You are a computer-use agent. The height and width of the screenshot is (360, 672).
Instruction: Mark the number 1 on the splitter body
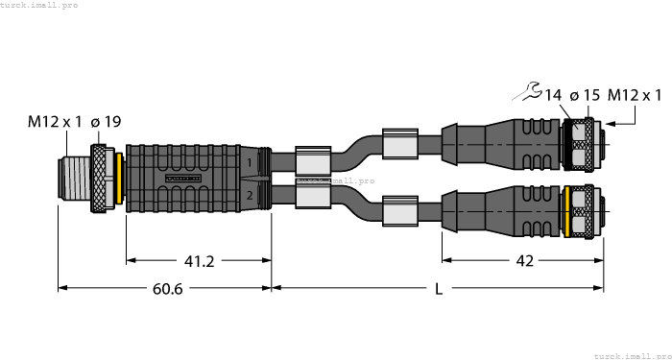point(251,162)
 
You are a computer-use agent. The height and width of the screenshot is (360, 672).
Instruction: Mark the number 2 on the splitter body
point(251,195)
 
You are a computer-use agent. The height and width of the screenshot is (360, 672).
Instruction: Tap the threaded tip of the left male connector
point(72,178)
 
